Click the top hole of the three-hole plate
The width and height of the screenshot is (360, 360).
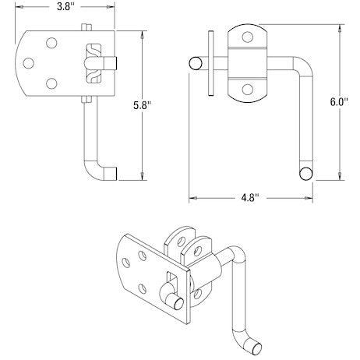click(x=51, y=44)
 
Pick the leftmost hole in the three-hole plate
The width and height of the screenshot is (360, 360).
click(x=30, y=62)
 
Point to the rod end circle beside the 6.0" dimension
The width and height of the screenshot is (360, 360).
click(x=306, y=173)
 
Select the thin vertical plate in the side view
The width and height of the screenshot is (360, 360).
click(x=210, y=63)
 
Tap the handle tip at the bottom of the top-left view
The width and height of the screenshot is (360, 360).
click(x=112, y=174)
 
